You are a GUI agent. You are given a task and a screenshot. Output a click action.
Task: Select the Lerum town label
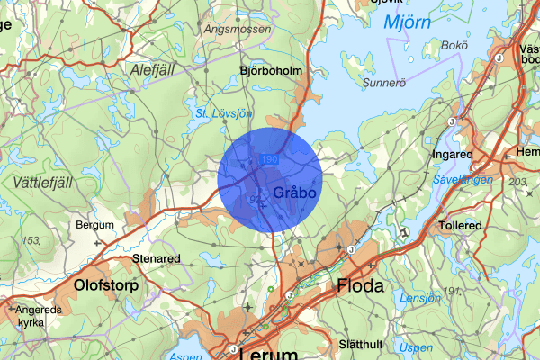tap(269, 352)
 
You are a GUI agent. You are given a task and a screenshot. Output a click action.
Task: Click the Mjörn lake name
tap(409, 22)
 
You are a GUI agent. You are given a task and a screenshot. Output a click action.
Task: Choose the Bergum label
tap(95, 224)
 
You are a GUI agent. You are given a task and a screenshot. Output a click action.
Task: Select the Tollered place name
tap(460, 225)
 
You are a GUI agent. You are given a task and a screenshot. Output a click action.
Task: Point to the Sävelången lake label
tap(462, 180)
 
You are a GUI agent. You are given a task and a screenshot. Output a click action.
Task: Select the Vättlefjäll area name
tap(43, 182)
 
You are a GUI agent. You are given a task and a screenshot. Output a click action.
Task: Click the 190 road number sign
tap(267, 159)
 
